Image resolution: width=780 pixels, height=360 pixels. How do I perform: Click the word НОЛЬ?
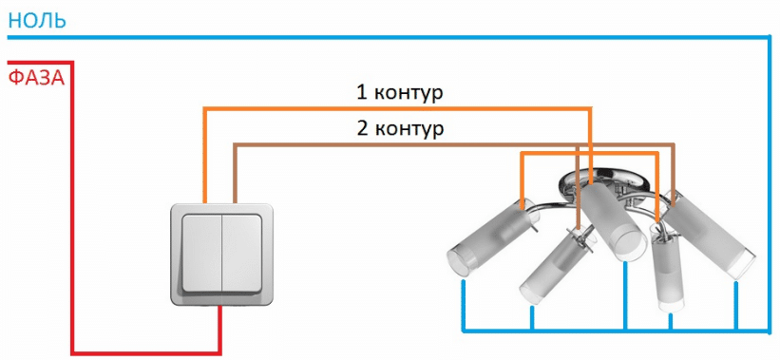coord(37,19)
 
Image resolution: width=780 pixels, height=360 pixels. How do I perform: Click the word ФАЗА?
coord(37,77)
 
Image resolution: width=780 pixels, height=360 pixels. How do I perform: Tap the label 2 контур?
coord(399,128)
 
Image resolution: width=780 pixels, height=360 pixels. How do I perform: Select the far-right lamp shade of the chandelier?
coord(710,233)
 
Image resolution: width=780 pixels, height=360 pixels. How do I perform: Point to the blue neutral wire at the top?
coord(380,37)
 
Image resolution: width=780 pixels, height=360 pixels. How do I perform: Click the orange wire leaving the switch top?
coord(204,161)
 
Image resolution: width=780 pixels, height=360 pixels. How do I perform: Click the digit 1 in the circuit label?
coord(361,93)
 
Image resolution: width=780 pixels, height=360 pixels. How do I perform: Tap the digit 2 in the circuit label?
coord(362,128)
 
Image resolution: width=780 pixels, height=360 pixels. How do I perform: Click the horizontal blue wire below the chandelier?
coord(608,332)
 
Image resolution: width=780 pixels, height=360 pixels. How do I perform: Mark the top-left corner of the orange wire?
coord(204,108)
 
